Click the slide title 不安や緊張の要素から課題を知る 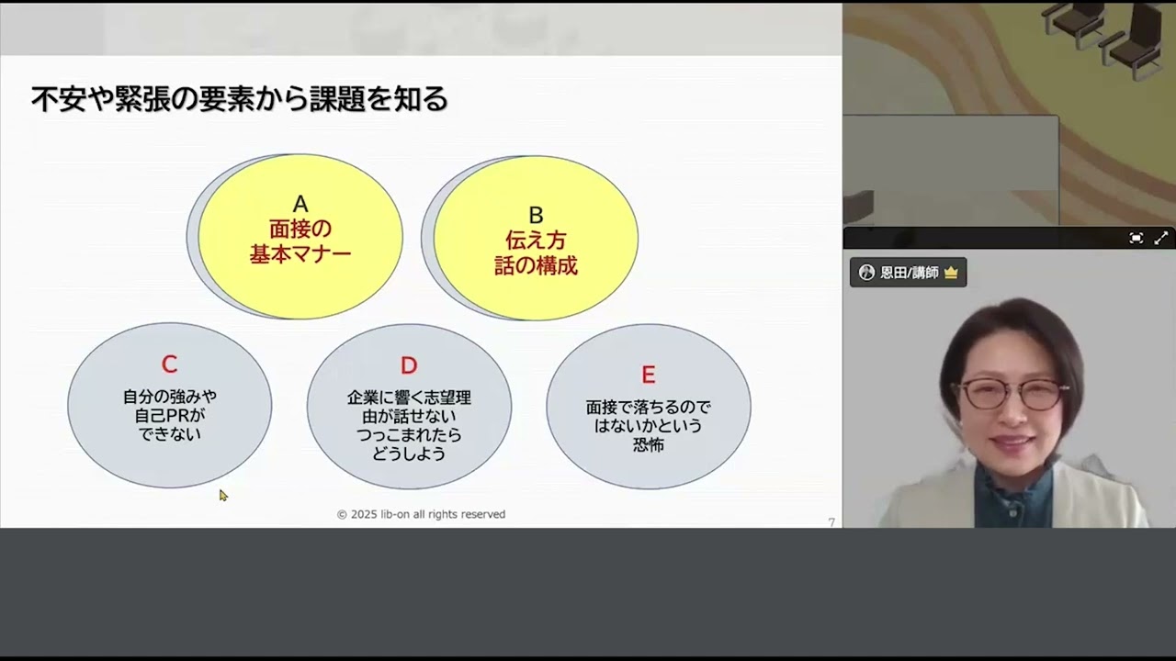pos(239,99)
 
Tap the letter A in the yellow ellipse pos(300,205)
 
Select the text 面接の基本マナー pos(300,241)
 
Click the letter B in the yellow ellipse pos(536,216)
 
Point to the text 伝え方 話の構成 pos(536,253)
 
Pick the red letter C pos(169,364)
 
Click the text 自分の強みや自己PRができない pos(170,415)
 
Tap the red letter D pos(409,365)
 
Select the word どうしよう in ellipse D pos(409,454)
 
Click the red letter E pos(648,375)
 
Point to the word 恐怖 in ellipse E pos(648,445)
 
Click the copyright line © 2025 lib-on pos(421,514)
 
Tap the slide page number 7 pos(831,522)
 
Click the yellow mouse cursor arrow pos(222,495)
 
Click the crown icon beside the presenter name pos(950,273)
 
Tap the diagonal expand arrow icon pos(1160,238)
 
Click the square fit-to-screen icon pos(1136,238)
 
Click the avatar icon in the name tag pos(866,273)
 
